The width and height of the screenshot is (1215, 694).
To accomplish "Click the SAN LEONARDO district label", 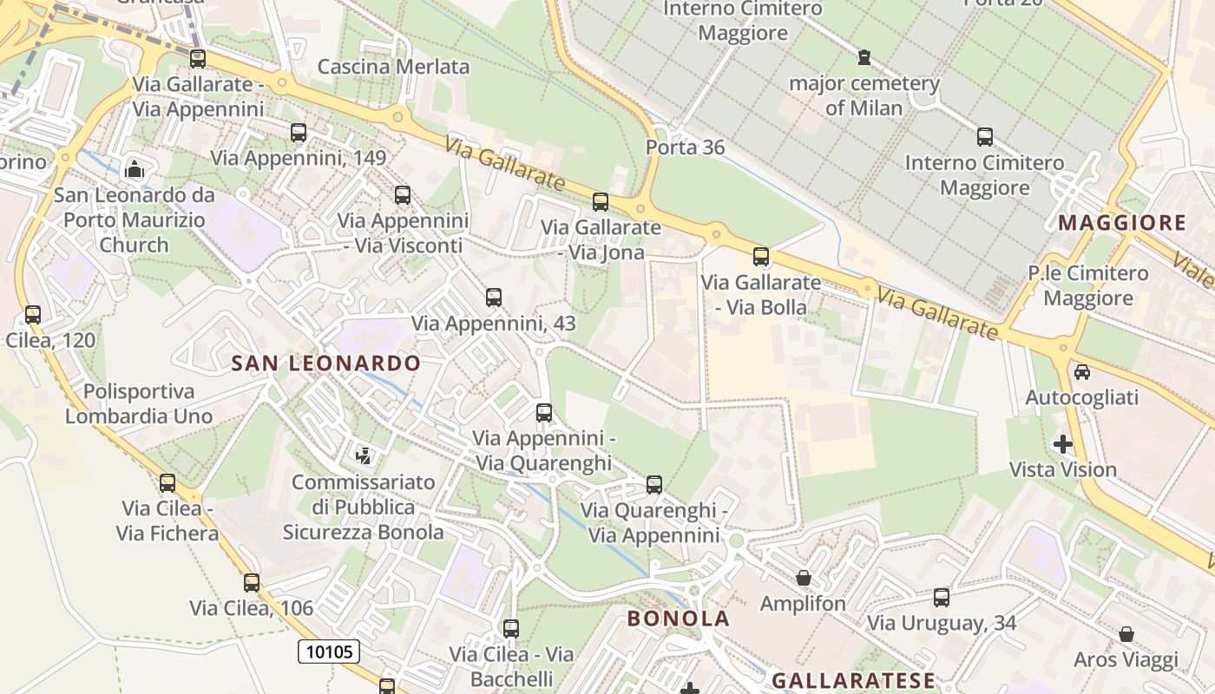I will tap(326, 363).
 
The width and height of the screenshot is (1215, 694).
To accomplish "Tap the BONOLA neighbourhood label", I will tap(678, 619).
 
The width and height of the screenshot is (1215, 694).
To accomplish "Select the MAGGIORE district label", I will tap(1122, 223).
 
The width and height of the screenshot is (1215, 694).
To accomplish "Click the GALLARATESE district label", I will tap(853, 680).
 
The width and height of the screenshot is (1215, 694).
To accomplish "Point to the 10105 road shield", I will tap(329, 651).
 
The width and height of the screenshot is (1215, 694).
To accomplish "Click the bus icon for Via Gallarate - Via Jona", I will tap(600, 202).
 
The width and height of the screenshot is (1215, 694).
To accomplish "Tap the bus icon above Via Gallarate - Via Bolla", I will tap(761, 257).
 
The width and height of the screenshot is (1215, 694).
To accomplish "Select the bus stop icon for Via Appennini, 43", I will tap(494, 298).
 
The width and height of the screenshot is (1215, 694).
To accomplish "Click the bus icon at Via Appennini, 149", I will tap(299, 133).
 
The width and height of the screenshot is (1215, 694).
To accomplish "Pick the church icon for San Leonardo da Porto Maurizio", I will tap(135, 167).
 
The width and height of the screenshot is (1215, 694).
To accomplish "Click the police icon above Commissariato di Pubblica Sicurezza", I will tap(364, 455).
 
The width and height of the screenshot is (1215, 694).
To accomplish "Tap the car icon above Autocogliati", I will tap(1081, 372).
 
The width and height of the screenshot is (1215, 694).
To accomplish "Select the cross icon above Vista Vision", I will tap(1062, 444).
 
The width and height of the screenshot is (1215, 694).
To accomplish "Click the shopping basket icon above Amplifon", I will tap(804, 578).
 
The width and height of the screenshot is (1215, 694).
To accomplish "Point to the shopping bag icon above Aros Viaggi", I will tap(1126, 634).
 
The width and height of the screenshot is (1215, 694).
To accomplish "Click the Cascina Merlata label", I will tap(393, 67).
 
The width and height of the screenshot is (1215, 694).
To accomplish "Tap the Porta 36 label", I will tap(685, 147).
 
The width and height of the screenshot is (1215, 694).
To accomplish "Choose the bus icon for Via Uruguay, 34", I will tap(942, 598).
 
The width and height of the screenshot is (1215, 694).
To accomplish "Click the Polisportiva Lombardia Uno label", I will tap(139, 404).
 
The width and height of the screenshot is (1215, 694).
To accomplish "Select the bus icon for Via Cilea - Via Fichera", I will tap(167, 483).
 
